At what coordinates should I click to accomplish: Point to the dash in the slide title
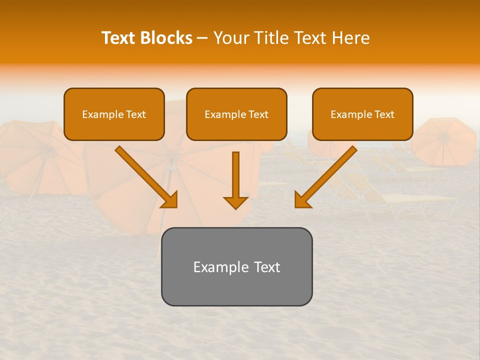click(202, 38)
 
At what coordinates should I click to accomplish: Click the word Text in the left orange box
click(136, 114)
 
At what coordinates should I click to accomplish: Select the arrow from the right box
click(327, 175)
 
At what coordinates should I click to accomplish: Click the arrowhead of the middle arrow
click(235, 202)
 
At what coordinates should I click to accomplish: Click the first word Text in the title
click(120, 38)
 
